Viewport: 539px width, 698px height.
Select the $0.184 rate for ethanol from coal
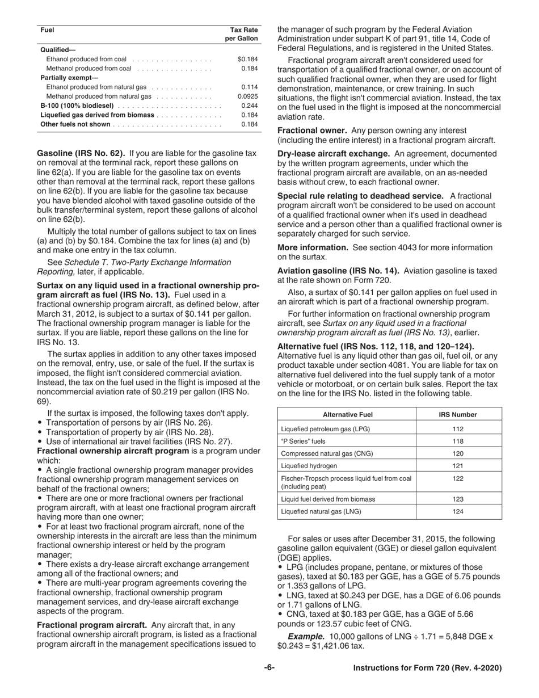(x=247, y=59)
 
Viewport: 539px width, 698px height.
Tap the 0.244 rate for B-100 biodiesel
(x=249, y=106)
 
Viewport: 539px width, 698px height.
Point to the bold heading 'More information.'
(x=313, y=247)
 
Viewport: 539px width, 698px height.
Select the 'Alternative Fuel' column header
(x=347, y=414)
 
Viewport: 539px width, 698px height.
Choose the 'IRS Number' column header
(x=458, y=414)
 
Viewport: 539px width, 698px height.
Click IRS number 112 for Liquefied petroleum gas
(x=458, y=429)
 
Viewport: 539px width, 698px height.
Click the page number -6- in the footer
(x=269, y=668)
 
